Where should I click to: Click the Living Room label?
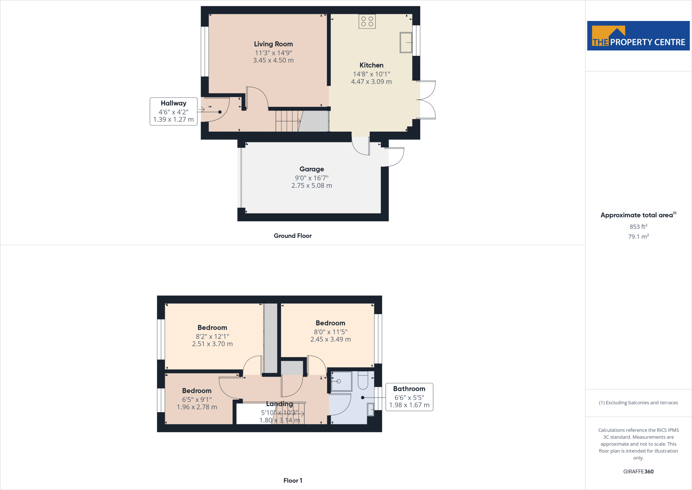point(273,44)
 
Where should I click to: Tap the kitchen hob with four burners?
point(367,22)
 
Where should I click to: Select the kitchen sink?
point(406,43)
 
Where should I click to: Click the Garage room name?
point(312,169)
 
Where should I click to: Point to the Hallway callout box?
point(173,111)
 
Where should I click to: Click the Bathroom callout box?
point(409,397)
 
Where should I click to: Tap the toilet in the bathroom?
point(363,380)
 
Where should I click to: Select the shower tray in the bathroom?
point(341,381)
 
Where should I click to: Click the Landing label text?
point(279,404)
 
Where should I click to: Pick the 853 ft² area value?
point(638,227)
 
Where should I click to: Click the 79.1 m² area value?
point(638,237)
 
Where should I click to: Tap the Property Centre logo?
point(638,36)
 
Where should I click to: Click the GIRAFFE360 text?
point(638,471)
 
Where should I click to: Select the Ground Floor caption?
point(293,236)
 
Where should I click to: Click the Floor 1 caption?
point(293,481)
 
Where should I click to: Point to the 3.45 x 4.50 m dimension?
point(273,60)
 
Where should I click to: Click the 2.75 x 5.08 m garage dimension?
point(312,185)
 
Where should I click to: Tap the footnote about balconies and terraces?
point(638,403)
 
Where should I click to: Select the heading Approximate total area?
point(637,215)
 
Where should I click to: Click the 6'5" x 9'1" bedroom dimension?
point(197,400)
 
